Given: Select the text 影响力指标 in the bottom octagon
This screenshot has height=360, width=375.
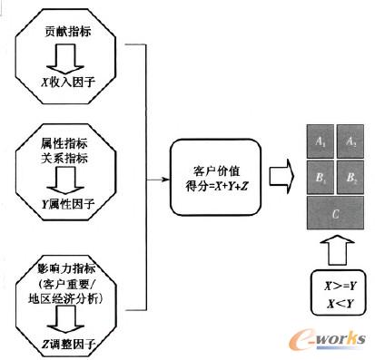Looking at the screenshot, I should tap(69, 271).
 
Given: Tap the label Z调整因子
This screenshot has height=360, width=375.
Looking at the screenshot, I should tap(70, 345).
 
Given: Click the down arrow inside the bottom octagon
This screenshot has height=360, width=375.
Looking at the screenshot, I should tap(69, 319).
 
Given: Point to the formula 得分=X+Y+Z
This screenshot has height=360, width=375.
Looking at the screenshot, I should tap(214, 184).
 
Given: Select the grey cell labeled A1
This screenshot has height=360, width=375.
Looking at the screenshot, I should tap(320, 143).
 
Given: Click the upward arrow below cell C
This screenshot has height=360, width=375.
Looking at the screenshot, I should tap(335, 248).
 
